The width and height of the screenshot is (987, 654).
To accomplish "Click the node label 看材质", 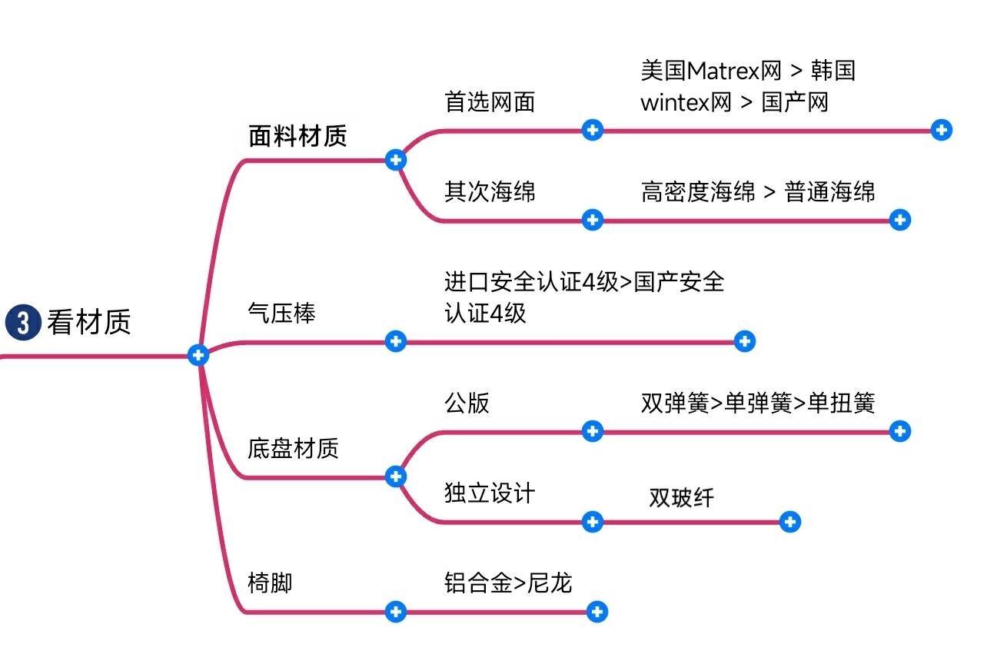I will [88, 321].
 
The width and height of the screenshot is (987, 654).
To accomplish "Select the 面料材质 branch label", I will [297, 135].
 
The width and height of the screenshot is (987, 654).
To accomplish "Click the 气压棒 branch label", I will [281, 313].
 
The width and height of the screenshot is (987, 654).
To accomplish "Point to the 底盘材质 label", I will [293, 448].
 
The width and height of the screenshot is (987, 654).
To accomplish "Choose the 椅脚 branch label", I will [270, 583].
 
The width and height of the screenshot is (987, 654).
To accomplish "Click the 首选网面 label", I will [490, 101].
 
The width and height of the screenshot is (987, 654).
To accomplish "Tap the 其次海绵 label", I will [490, 191].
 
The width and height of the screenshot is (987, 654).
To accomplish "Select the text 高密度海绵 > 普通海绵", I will [757, 191].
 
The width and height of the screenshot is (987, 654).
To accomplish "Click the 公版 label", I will [467, 403].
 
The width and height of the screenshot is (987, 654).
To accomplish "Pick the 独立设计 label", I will [490, 493].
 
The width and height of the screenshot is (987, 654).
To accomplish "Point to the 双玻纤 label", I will [681, 497].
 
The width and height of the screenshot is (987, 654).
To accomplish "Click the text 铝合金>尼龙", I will [508, 583].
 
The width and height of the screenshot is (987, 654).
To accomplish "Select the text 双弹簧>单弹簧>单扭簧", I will [757, 403].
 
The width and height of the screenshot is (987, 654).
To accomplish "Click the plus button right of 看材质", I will [198, 355].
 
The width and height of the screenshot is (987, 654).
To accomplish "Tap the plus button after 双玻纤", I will [790, 523].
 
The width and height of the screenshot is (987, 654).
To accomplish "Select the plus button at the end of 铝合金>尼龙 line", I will [597, 612].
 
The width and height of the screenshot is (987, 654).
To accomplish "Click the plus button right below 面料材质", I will [395, 160].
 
